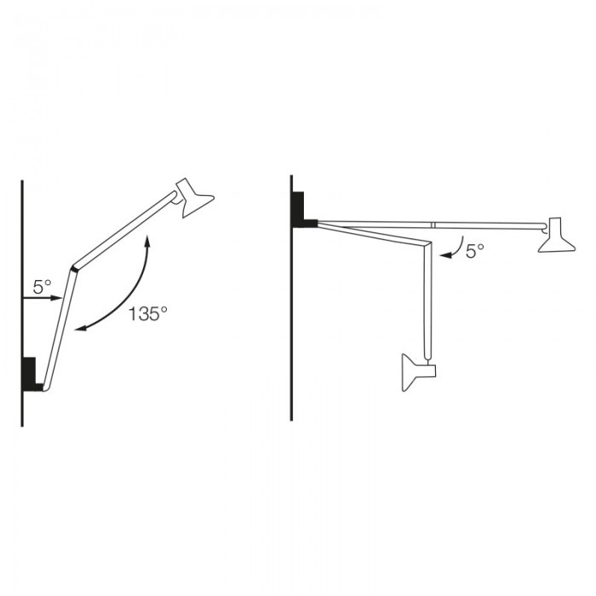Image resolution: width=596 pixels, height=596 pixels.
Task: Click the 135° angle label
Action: pos(148,314)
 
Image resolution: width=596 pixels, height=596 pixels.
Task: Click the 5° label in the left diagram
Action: pos(43,288)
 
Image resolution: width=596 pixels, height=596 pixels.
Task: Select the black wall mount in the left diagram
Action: pos(31,375)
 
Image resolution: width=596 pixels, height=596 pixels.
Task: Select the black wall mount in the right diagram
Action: pos(301,211)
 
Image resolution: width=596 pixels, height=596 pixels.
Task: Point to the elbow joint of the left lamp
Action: pos(75,266)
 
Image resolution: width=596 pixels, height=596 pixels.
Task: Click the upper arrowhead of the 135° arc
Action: pos(147,242)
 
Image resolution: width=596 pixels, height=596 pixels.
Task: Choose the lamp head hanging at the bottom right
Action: pos(417,371)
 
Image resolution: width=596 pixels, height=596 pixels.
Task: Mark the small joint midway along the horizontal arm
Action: pos(433,225)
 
